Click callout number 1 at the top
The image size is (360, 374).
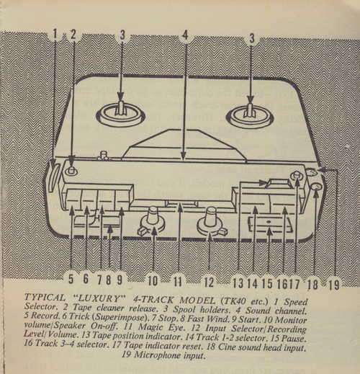click(55, 34)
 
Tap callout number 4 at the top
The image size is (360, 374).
click(185, 35)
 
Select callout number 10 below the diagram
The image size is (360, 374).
click(153, 280)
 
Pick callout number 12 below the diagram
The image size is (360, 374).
click(209, 282)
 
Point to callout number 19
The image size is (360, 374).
click(334, 285)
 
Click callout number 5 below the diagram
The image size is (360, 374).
click(71, 279)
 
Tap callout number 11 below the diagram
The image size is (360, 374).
click(178, 281)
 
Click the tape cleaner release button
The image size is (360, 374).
click(71, 170)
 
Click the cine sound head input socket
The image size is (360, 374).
click(316, 188)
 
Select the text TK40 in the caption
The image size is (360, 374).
click(232, 300)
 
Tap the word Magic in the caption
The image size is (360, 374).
click(150, 326)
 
